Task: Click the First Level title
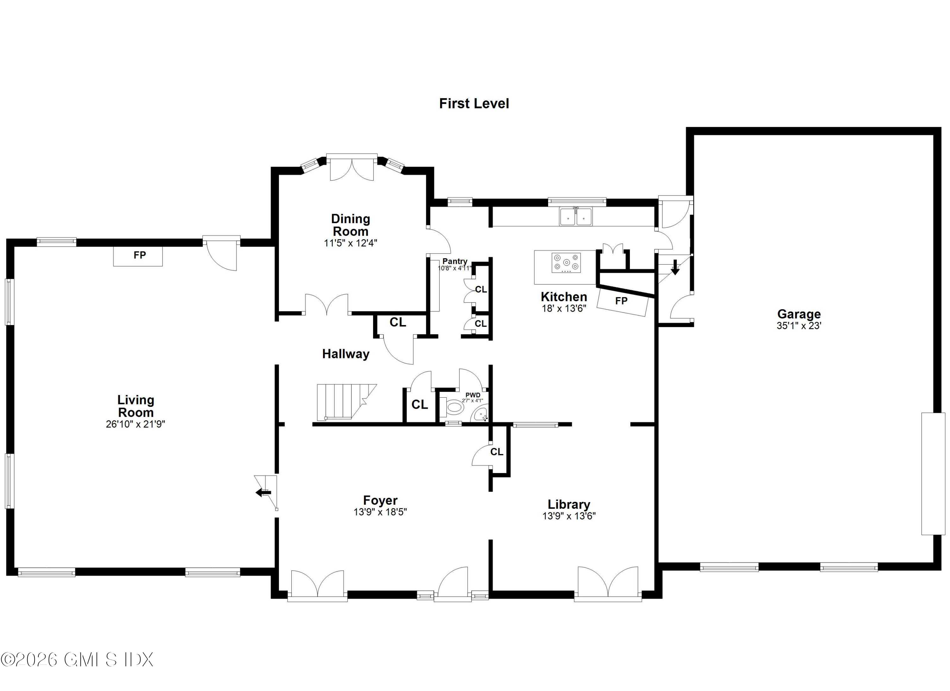pos(474,104)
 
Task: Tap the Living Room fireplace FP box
pos(138,256)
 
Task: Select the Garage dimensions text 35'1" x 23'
pos(799,326)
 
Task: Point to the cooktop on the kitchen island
pos(566,263)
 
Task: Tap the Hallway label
pos(345,354)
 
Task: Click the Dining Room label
pos(350,225)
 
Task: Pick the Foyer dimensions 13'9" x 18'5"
pos(380,512)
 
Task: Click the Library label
pos(569,504)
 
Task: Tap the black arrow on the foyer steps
pos(263,492)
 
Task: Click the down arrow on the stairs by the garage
pos(675,267)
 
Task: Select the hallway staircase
pos(341,401)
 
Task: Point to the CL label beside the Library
pos(497,452)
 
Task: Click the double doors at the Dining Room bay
pos(351,169)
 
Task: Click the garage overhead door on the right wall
pos(933,474)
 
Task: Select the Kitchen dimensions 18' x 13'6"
pos(563,308)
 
